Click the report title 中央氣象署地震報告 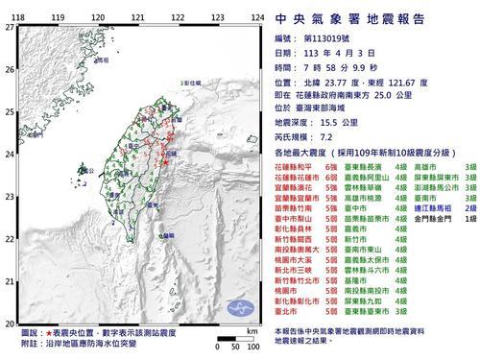[x=368, y=16]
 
